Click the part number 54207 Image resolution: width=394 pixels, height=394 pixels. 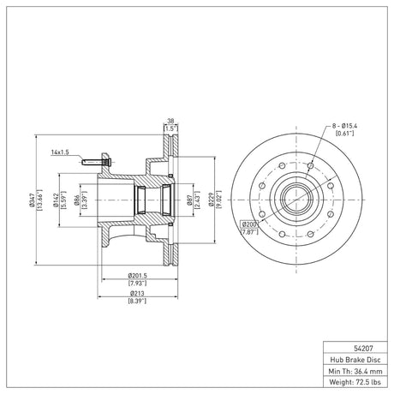[x=363, y=348]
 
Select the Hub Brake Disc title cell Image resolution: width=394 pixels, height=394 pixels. [x=355, y=360]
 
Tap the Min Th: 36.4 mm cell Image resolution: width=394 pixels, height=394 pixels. [x=355, y=371]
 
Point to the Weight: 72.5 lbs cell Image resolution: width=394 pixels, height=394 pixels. [x=355, y=382]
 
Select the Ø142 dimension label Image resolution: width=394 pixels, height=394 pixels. [x=56, y=200]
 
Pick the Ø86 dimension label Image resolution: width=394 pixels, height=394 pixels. [x=76, y=200]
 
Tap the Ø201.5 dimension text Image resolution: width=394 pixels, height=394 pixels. [x=137, y=276]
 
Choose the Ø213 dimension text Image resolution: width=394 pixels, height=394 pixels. [x=137, y=293]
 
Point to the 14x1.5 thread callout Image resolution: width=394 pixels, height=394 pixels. [x=60, y=152]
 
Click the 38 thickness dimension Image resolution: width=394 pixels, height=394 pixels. [x=170, y=121]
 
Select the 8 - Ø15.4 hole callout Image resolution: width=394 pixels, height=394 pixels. [x=344, y=126]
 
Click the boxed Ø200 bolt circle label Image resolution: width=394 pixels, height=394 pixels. [x=249, y=224]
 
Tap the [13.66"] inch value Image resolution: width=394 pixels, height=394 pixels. [x=39, y=200]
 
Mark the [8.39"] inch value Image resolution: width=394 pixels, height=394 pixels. [x=137, y=301]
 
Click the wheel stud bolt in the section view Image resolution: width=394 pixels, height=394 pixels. [x=97, y=163]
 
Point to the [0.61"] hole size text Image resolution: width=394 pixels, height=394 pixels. [x=344, y=133]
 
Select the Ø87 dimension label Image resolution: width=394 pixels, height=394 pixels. [x=188, y=200]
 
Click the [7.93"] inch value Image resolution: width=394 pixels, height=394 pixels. [x=137, y=284]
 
